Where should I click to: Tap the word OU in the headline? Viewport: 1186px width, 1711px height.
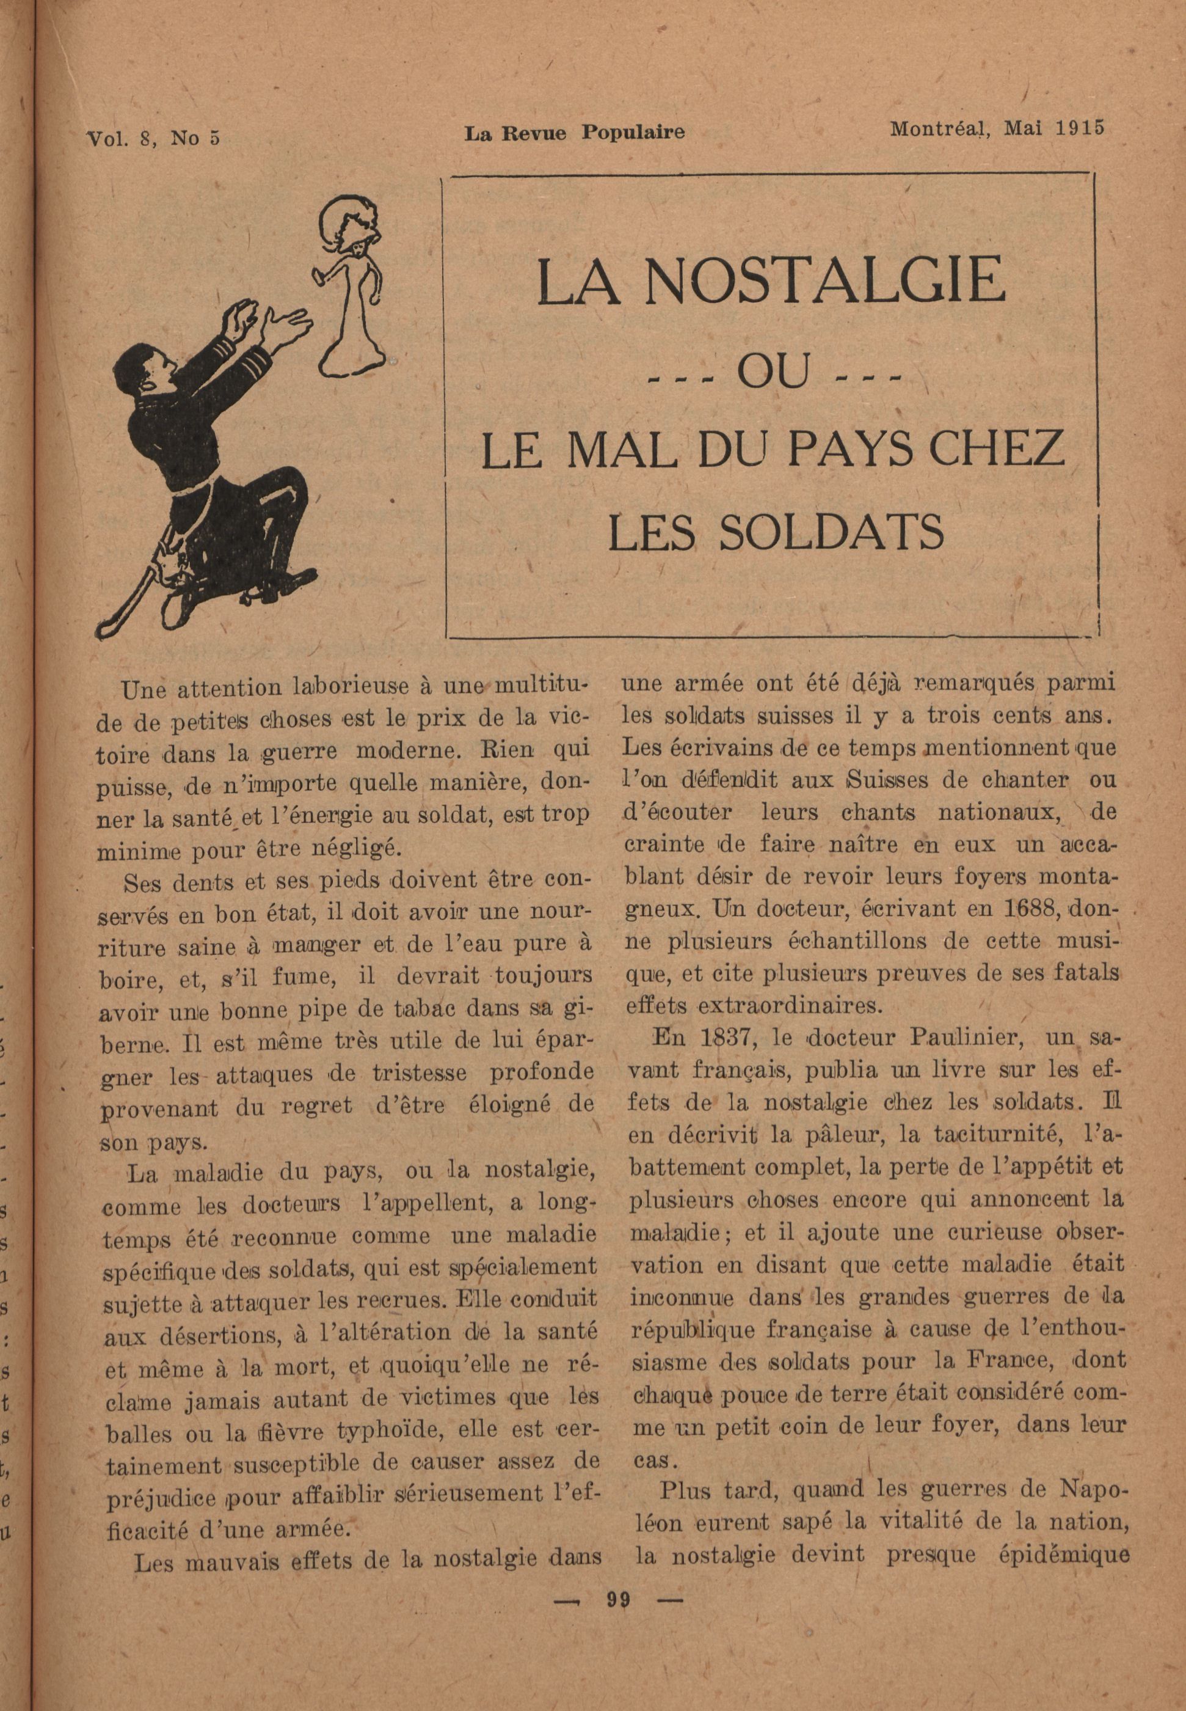coord(773,373)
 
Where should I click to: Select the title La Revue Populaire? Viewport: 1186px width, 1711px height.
coord(575,133)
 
